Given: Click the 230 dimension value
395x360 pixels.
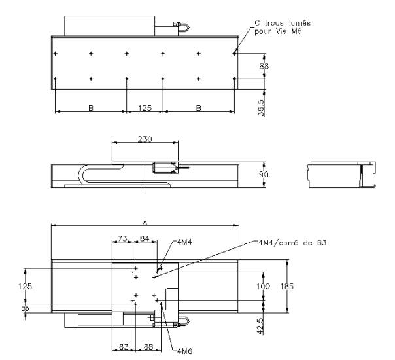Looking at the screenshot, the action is coord(145,139).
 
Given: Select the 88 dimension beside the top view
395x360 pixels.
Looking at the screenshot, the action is coord(264,66).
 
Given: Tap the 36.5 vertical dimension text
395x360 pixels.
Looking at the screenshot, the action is coord(261,108).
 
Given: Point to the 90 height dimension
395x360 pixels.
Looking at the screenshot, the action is coord(264,175).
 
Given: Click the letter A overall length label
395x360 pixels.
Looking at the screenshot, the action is coord(145,222).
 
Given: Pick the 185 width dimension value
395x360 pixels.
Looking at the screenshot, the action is coord(287,287).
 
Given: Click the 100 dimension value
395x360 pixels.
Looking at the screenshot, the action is coord(264,287).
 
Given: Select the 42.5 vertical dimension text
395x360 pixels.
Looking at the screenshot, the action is coord(261,327).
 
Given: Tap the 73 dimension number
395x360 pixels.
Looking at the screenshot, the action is coord(122,238).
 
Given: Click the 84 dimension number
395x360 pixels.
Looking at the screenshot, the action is coord(145,238).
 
